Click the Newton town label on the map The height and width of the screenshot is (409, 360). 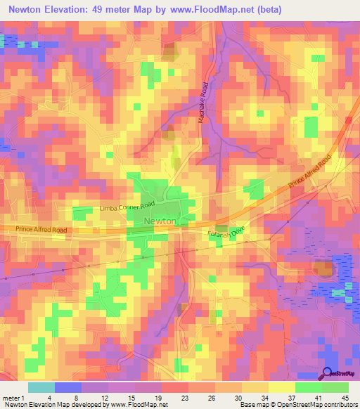(x=160, y=221)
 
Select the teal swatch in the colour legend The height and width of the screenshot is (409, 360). (x=41, y=387)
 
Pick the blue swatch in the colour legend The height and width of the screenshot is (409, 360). (x=68, y=387)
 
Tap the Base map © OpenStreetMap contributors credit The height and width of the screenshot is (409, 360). (x=298, y=404)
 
